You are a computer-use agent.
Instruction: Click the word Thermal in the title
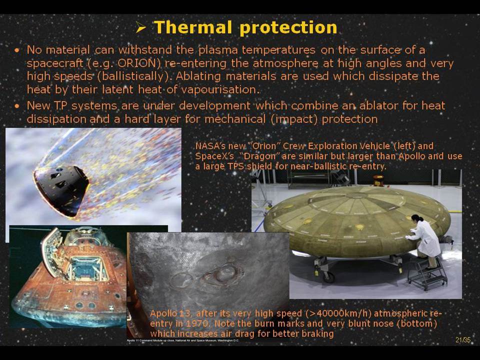coord(192,27)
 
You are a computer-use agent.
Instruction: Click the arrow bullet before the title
coord(141,28)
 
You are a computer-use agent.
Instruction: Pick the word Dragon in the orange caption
coord(258,156)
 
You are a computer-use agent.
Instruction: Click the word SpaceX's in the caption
coord(214,156)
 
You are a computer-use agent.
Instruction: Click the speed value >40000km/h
coord(338,314)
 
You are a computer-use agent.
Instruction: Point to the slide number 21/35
coord(462,340)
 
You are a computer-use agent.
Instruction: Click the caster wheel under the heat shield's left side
coord(328,276)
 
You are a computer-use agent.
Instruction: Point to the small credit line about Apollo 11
coord(183,340)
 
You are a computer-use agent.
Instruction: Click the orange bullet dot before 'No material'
coord(17,50)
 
